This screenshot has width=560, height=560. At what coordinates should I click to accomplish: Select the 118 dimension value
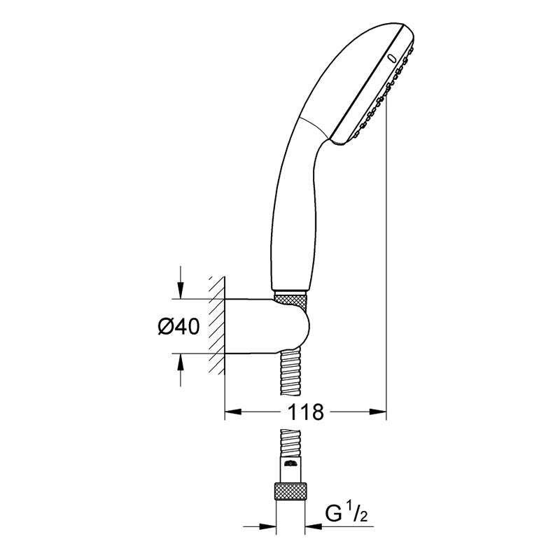[304, 412]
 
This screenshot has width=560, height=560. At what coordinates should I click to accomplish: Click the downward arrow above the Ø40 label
[181, 291]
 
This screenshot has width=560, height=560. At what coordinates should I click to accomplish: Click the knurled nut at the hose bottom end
[292, 490]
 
